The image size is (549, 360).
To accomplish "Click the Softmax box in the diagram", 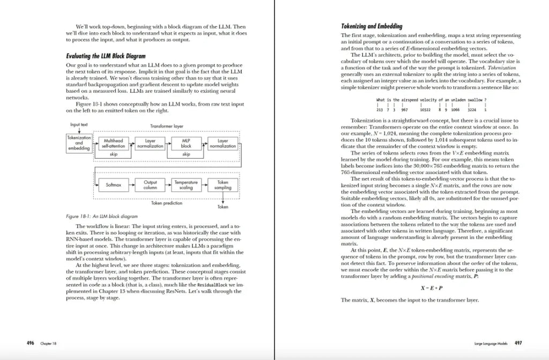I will pyautogui.click(x=114, y=185).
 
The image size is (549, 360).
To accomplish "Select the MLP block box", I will pyautogui.click(x=186, y=143).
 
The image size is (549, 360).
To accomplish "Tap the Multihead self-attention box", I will pyautogui.click(x=113, y=143).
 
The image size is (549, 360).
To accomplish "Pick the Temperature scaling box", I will pyautogui.click(x=186, y=185).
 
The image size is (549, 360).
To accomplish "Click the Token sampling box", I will pyautogui.click(x=222, y=185).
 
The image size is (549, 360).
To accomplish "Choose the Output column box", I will pyautogui.click(x=150, y=185).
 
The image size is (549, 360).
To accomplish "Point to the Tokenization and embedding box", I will pyautogui.click(x=79, y=143).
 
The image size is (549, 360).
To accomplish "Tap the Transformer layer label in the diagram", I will pyautogui.click(x=167, y=126).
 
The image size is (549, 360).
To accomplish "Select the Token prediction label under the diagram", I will pyautogui.click(x=167, y=203).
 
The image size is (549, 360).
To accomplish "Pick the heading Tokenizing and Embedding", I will pyautogui.click(x=372, y=26).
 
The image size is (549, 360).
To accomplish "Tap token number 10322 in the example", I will pyautogui.click(x=426, y=109).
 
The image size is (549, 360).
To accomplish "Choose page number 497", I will pyautogui.click(x=518, y=342).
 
